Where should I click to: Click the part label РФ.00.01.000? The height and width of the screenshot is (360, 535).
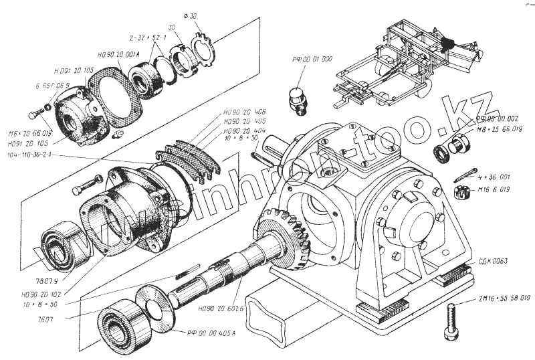coord(312,59)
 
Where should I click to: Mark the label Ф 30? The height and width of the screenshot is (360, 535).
coord(189,15)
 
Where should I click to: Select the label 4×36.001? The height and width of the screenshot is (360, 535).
coord(494,177)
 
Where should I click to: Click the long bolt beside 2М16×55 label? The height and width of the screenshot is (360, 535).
coord(452,321)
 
